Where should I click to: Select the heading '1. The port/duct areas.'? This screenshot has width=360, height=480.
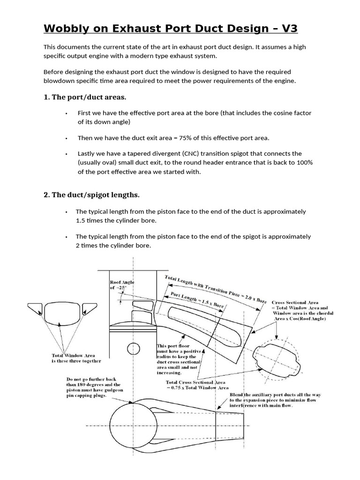(x=85, y=97)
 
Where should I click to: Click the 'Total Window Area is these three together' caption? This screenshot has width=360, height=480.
(x=76, y=358)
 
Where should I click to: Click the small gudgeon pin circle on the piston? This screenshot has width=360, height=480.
(x=134, y=349)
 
